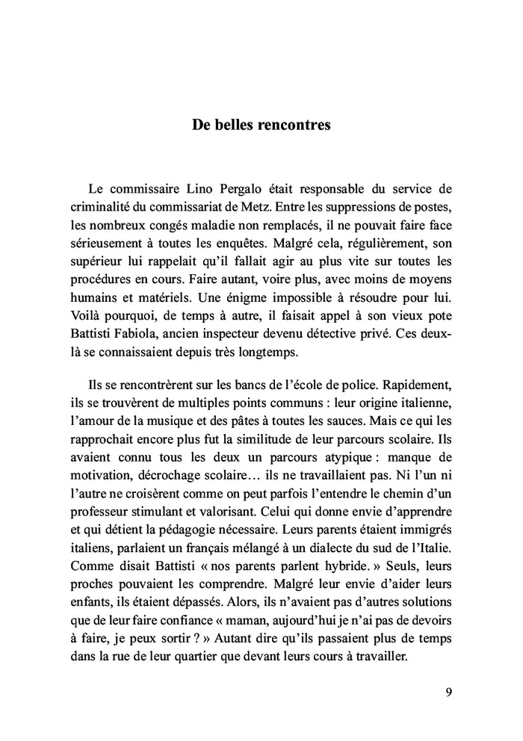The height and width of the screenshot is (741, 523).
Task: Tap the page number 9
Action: pos(448,690)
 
